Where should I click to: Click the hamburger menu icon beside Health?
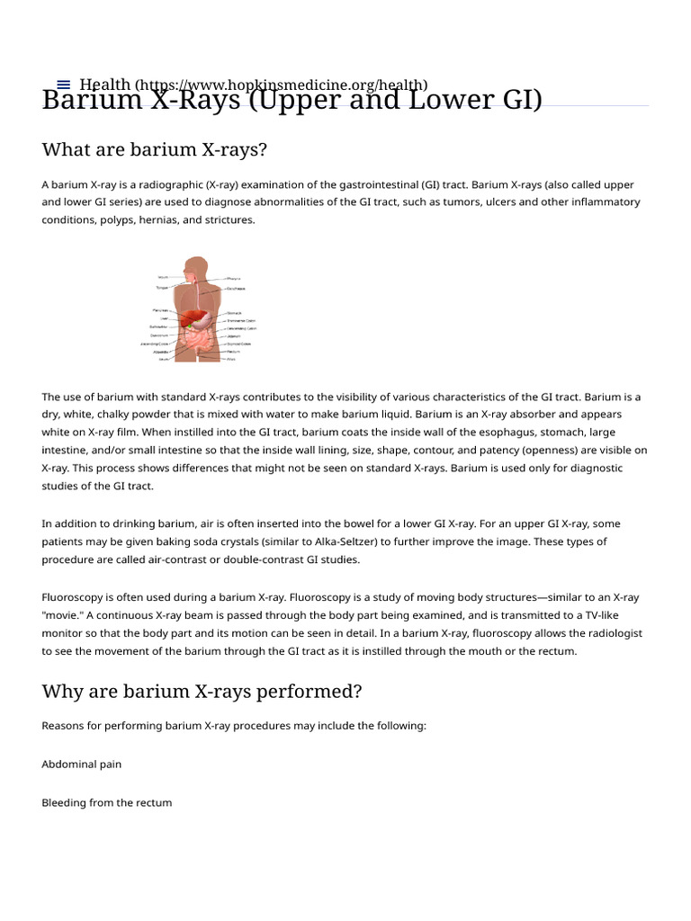(x=63, y=84)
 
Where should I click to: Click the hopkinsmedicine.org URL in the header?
(x=281, y=84)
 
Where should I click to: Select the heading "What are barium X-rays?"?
(x=155, y=148)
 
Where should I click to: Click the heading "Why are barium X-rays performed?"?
(x=202, y=692)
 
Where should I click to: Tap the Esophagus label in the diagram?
(x=235, y=289)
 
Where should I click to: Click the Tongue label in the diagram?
(x=162, y=288)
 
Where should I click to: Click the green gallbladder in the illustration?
(x=192, y=326)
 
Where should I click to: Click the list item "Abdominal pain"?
(x=81, y=764)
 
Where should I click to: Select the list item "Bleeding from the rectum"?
(x=106, y=802)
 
